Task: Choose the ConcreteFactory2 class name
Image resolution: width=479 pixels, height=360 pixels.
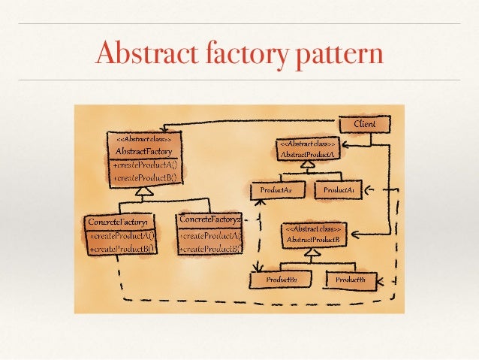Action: click(209, 220)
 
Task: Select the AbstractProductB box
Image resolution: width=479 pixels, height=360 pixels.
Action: click(314, 235)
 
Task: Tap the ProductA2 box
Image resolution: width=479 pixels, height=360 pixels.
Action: click(276, 191)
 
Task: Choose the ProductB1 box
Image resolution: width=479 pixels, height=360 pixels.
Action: click(351, 280)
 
